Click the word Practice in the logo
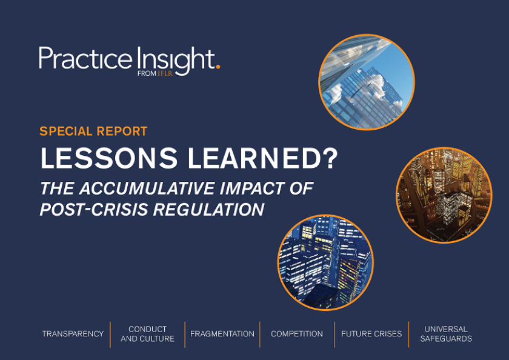tap(85, 58)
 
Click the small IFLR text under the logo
tap(165, 74)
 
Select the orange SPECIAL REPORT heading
tap(93, 131)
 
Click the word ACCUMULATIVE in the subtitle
tap(147, 188)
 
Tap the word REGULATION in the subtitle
tap(208, 209)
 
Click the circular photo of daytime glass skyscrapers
tap(367, 82)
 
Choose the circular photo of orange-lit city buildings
tap(444, 195)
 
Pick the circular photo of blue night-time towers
tap(325, 262)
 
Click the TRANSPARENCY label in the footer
tap(73, 334)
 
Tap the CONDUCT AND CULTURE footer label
tap(147, 334)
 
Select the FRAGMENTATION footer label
tap(222, 334)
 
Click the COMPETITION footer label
tap(297, 334)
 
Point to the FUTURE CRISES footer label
tap(371, 334)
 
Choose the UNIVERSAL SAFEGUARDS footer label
tap(446, 334)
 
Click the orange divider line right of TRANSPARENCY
tap(110, 335)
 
